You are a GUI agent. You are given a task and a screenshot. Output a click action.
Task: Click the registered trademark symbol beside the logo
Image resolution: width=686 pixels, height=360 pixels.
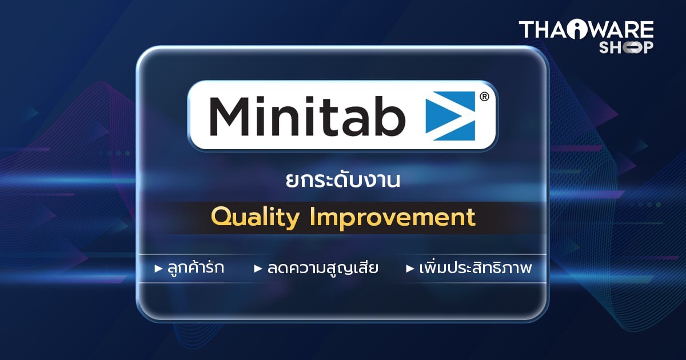484,97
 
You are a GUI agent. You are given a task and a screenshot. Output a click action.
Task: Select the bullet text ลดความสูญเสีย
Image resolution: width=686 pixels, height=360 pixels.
323,268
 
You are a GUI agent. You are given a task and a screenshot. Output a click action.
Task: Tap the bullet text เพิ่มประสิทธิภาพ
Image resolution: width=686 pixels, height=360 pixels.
474,268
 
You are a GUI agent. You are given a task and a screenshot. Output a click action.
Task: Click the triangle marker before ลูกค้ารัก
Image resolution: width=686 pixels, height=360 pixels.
158,269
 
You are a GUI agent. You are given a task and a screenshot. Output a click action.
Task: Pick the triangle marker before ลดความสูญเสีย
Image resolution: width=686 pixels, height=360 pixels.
258,269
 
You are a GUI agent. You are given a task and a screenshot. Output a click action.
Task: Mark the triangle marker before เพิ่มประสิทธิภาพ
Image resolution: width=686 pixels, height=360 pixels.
410,269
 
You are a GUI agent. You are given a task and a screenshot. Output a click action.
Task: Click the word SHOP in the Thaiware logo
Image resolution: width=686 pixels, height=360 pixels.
626,48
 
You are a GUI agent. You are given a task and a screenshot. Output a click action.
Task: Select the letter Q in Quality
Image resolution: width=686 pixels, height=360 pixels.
221,217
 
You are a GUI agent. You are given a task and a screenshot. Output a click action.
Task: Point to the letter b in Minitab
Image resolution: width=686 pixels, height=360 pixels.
390,116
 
